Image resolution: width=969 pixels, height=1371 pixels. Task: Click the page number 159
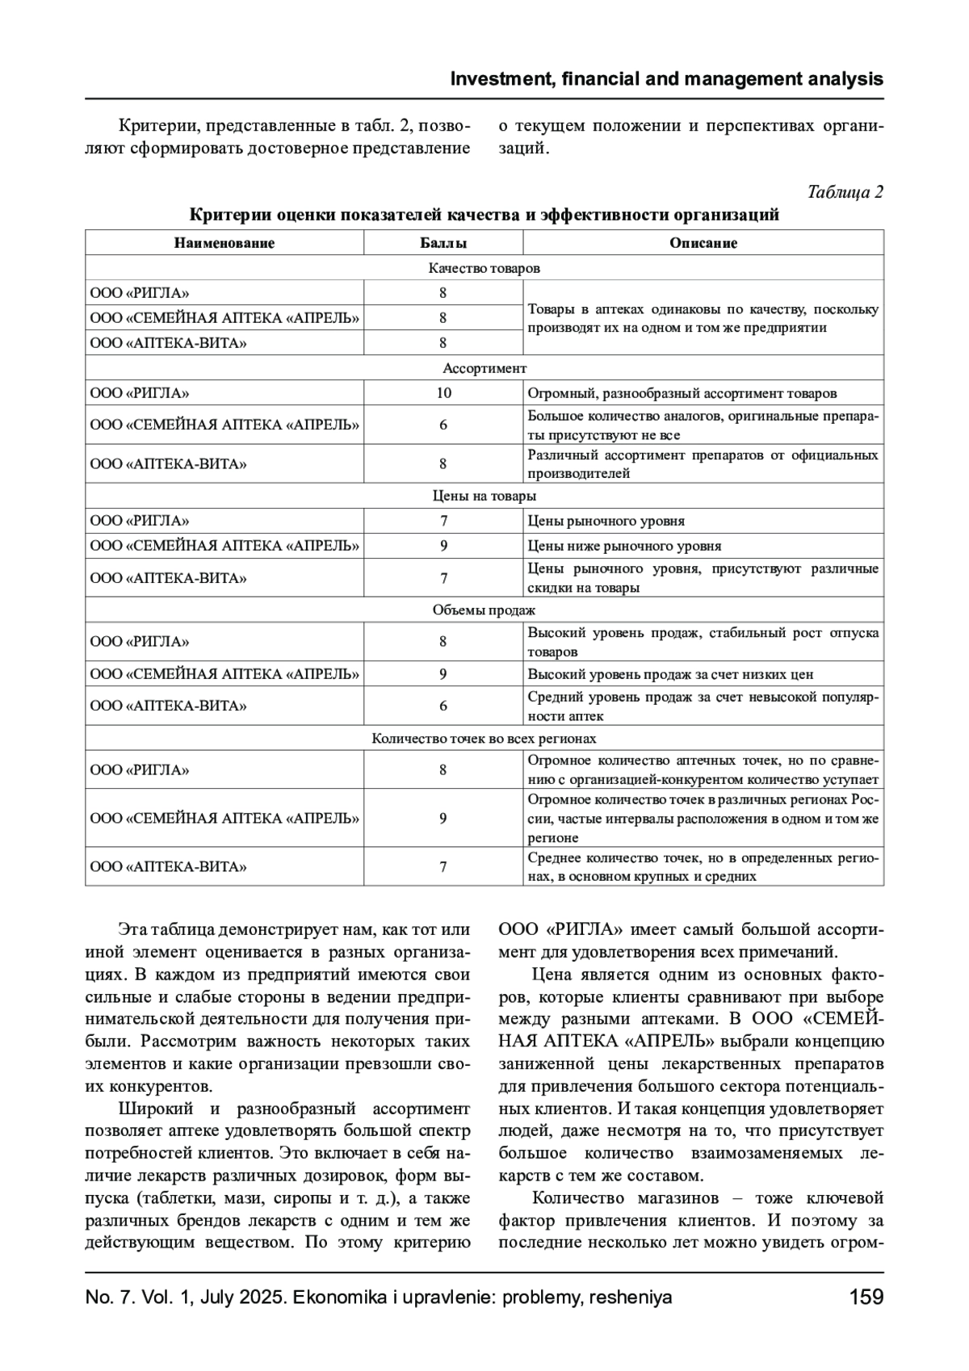tap(866, 1297)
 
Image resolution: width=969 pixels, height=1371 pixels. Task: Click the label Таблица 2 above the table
tap(845, 192)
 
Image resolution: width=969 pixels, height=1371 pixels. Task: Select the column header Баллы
tap(443, 243)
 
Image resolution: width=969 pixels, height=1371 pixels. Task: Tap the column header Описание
tap(703, 243)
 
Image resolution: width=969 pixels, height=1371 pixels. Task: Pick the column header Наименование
tap(224, 243)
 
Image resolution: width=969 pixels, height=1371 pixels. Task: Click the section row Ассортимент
tap(484, 368)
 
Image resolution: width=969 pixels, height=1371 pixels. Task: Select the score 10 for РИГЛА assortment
tap(443, 393)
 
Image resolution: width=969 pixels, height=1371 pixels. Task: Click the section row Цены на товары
tap(484, 496)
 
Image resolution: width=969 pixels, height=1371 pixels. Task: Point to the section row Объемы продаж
tap(484, 610)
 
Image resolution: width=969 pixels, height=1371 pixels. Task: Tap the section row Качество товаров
tap(484, 268)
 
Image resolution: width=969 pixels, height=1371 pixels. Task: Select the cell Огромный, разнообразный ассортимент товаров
tap(682, 393)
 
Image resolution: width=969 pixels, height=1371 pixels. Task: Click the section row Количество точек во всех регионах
tap(484, 739)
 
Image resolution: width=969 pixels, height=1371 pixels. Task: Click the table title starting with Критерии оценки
tap(484, 215)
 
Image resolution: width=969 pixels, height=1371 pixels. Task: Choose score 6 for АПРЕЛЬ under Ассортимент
tap(443, 425)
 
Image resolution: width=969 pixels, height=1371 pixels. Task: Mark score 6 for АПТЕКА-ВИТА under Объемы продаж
tap(443, 706)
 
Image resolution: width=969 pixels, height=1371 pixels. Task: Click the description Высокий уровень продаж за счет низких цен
tap(670, 674)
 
